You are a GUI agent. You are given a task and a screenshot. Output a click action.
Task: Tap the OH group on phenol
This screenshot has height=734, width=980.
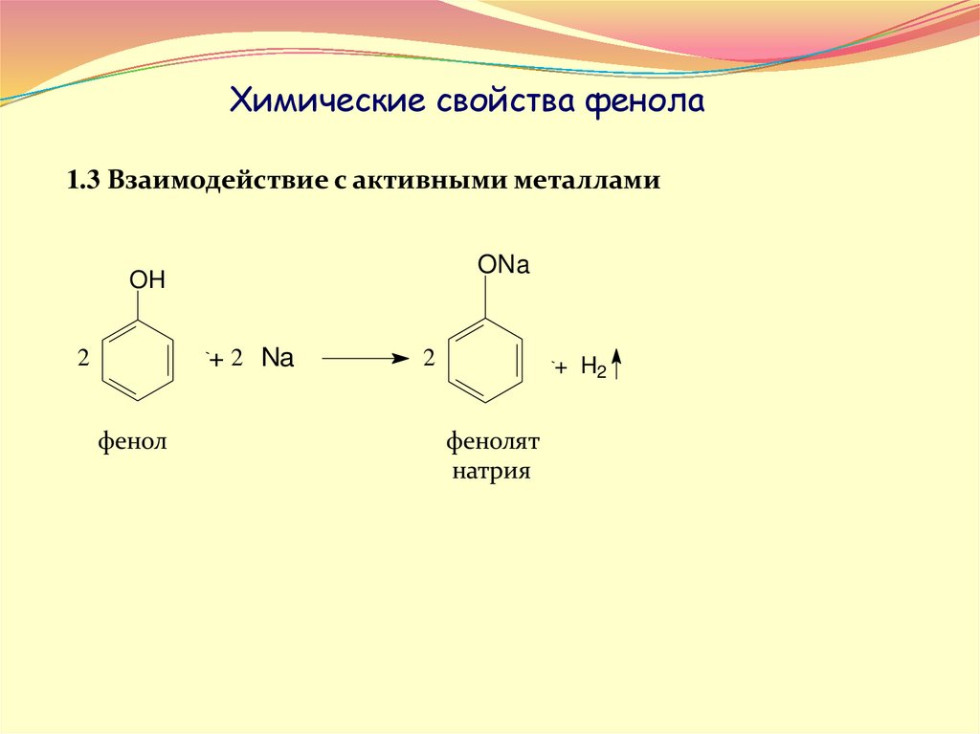click(147, 280)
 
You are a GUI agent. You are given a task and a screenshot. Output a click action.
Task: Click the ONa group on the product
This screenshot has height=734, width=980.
click(503, 266)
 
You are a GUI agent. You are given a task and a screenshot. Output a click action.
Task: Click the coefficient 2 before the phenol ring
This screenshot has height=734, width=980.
click(83, 360)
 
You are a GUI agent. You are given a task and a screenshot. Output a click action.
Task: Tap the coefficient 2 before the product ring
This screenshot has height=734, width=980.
click(429, 360)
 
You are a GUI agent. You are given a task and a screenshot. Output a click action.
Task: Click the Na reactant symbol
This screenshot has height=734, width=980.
click(278, 360)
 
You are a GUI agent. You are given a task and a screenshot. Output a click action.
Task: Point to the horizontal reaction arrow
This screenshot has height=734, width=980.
click(365, 359)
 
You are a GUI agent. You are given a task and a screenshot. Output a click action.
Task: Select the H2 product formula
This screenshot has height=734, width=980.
click(593, 367)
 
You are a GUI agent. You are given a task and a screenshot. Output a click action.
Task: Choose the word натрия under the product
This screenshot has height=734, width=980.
click(492, 471)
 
